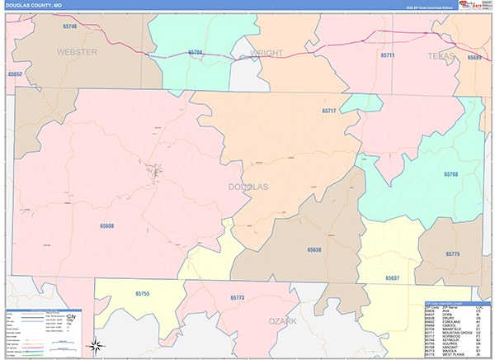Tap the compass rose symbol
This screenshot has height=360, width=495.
(x=97, y=346)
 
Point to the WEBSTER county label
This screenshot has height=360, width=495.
(x=77, y=52)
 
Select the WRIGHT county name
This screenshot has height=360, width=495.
(x=266, y=54)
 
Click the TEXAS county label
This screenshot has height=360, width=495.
(x=441, y=55)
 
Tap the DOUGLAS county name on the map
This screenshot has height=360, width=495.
(x=248, y=187)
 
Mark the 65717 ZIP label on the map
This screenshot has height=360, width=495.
(x=329, y=111)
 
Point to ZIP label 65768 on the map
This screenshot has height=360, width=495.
(x=450, y=175)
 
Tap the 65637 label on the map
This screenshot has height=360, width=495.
(x=393, y=278)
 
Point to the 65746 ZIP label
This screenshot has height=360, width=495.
(x=69, y=26)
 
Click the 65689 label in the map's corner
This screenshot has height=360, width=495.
(x=474, y=57)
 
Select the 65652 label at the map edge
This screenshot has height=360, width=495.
(x=14, y=74)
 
